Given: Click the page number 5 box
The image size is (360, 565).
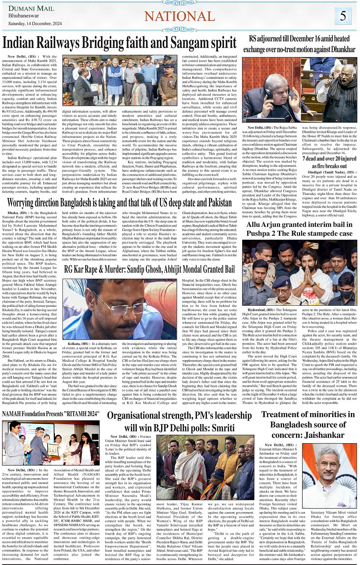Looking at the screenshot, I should (x=343, y=16).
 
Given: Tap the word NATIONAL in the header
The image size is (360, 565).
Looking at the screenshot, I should (x=179, y=16).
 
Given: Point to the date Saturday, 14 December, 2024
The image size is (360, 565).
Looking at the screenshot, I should (x=35, y=24).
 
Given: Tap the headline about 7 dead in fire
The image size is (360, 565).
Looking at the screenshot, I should (x=329, y=162).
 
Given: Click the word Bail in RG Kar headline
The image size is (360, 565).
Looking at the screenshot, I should (x=227, y=270).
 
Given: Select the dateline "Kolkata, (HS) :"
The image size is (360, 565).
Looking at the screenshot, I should (x=79, y=344).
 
